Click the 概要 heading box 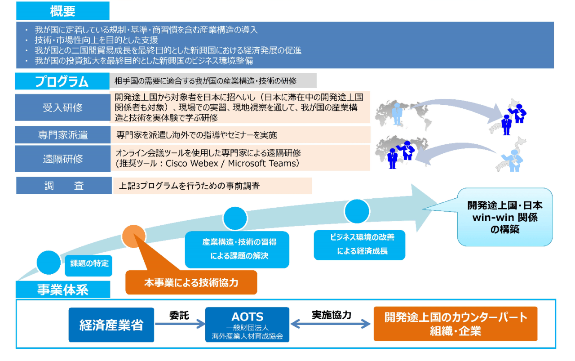click(x=62, y=11)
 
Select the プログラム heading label click(x=62, y=81)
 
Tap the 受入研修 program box click(x=62, y=107)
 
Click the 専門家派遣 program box click(x=63, y=134)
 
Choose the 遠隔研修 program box click(x=63, y=159)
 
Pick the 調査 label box click(x=64, y=185)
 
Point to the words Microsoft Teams click(x=262, y=163)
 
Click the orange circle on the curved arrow click(x=134, y=236)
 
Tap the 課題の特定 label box click(x=88, y=265)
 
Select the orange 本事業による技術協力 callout click(x=191, y=282)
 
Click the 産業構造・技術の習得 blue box click(x=237, y=250)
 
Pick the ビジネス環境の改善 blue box click(x=360, y=245)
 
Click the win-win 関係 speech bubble click(x=505, y=217)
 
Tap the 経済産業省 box click(x=111, y=325)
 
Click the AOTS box click(x=247, y=325)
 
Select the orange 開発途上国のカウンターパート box click(x=456, y=324)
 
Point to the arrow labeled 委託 click(x=180, y=324)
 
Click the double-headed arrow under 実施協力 click(x=331, y=324)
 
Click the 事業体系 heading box click(x=63, y=290)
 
